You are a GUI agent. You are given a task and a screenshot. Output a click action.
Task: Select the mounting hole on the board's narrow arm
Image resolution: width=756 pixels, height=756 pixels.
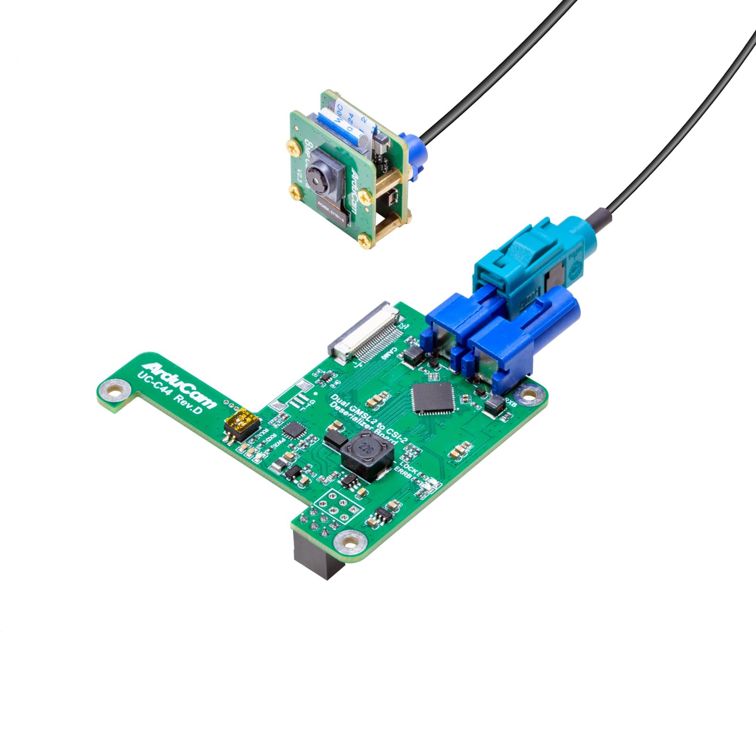tap(113, 391)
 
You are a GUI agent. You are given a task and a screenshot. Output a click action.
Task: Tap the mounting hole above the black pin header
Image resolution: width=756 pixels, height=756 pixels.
tap(349, 541)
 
